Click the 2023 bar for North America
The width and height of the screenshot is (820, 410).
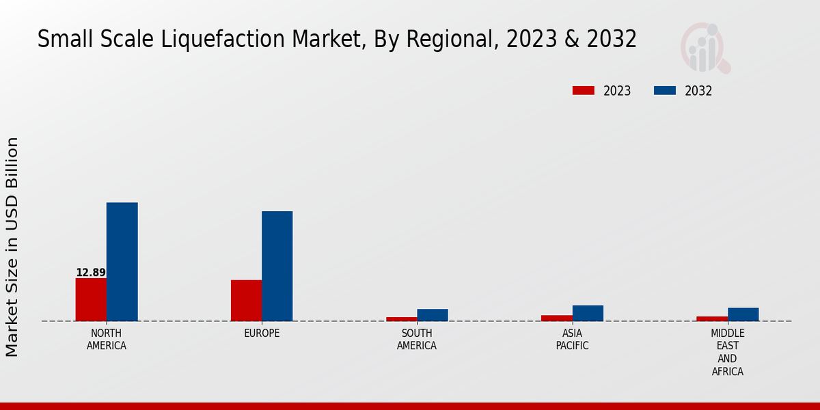pyautogui.click(x=91, y=299)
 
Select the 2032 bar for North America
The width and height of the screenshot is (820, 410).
pyautogui.click(x=122, y=262)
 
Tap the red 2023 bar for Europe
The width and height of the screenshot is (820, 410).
pyautogui.click(x=246, y=301)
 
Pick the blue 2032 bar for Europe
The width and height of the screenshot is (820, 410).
pyautogui.click(x=277, y=266)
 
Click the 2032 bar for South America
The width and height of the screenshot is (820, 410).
pyautogui.click(x=433, y=315)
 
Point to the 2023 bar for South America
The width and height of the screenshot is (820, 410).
pyautogui.click(x=401, y=318)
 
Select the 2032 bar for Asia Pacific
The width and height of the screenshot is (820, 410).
pyautogui.click(x=588, y=313)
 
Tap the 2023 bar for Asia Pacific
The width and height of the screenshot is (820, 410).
pyautogui.click(x=556, y=318)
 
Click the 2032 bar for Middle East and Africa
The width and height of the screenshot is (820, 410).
pyautogui.click(x=743, y=314)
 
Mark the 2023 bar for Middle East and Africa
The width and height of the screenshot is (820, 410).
pyautogui.click(x=712, y=318)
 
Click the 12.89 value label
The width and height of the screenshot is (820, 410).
pyautogui.click(x=91, y=273)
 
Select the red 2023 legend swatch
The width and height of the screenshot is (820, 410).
pyautogui.click(x=584, y=91)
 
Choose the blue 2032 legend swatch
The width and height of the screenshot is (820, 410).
pyautogui.click(x=665, y=91)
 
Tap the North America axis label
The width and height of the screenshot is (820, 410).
pyautogui.click(x=107, y=340)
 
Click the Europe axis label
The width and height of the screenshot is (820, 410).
pyautogui.click(x=262, y=333)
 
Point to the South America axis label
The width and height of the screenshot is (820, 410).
pyautogui.click(x=417, y=340)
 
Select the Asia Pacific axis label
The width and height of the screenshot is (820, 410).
pyautogui.click(x=572, y=340)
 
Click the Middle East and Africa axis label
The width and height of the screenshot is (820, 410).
pyautogui.click(x=727, y=353)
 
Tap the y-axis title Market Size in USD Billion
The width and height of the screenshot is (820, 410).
pyautogui.click(x=12, y=247)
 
